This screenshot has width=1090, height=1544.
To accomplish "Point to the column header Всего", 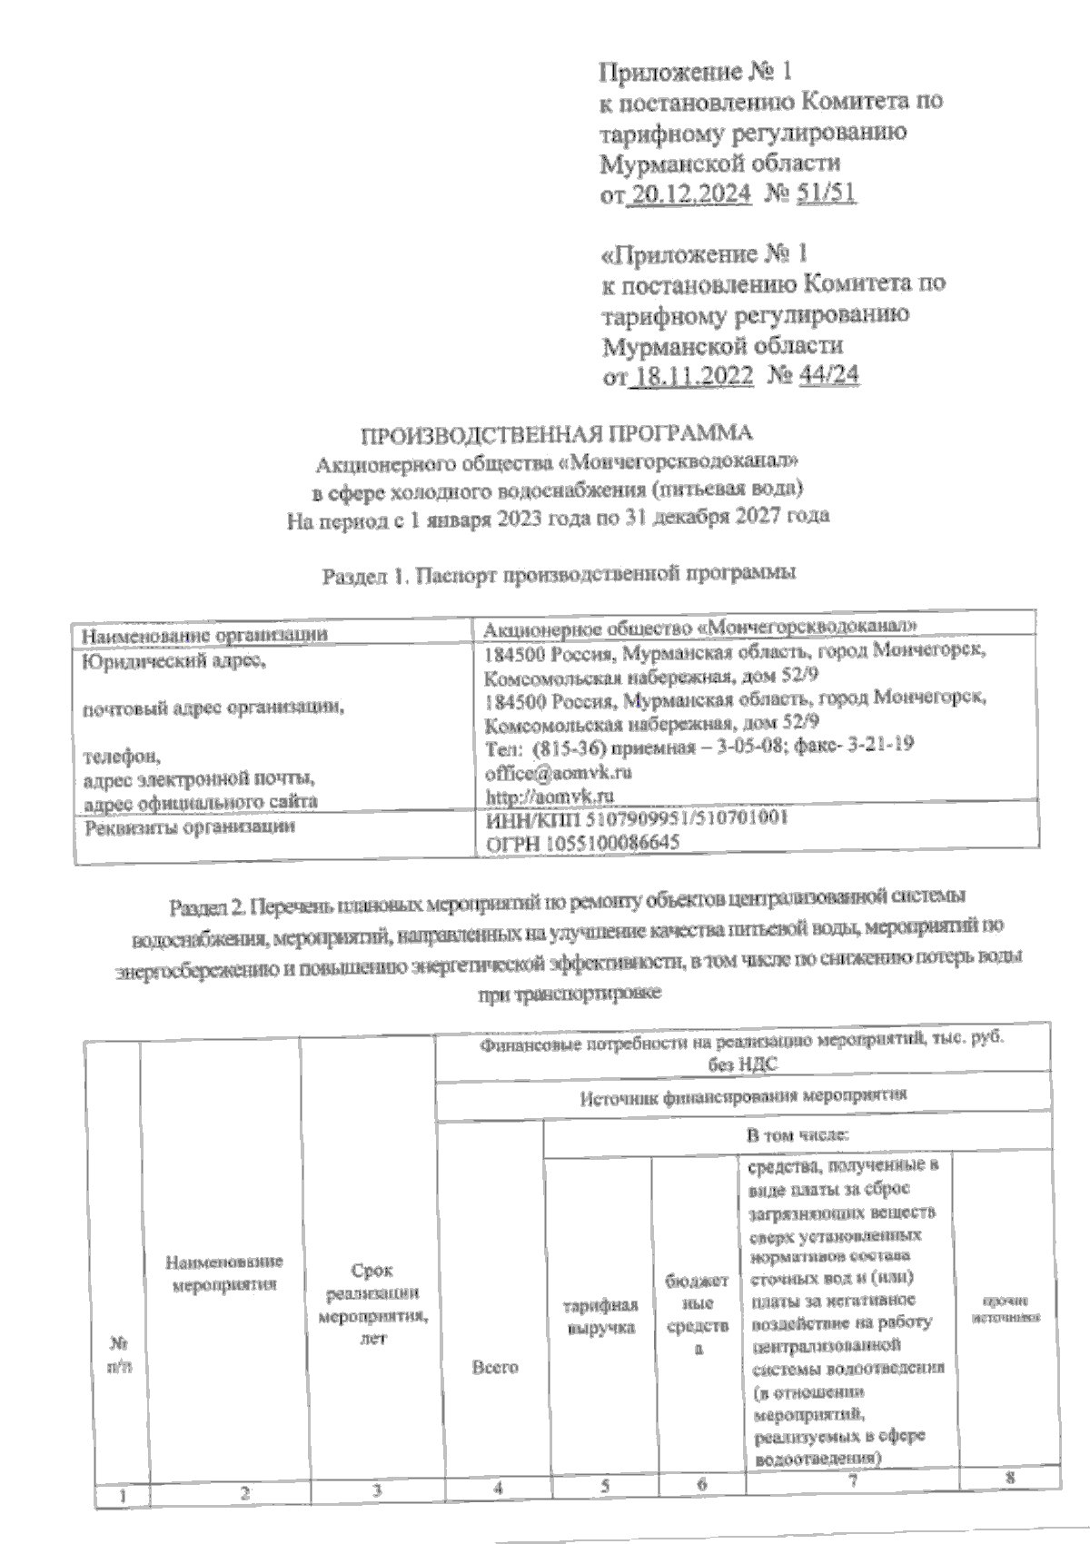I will tap(495, 1366).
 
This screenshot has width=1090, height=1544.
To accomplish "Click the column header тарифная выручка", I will tap(601, 1316).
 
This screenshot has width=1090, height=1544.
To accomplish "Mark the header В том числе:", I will tap(798, 1135).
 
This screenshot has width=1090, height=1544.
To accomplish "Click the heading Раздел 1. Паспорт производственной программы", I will tap(559, 574).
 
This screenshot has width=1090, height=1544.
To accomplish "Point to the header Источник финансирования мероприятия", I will tap(743, 1096).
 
